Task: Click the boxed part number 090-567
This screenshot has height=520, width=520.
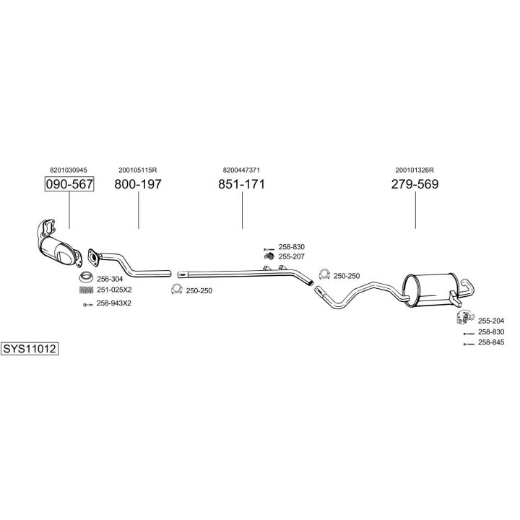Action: click(69, 184)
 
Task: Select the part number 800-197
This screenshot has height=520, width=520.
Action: click(138, 184)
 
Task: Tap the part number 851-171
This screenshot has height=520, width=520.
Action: click(242, 184)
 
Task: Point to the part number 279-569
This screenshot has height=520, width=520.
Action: click(415, 184)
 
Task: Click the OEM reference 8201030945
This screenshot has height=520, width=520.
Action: click(69, 170)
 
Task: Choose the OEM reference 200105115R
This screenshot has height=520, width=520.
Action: click(138, 170)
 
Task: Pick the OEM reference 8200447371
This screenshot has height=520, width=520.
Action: click(242, 170)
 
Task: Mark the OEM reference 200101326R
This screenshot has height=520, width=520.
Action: click(415, 170)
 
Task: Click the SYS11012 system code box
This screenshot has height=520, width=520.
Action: click(30, 348)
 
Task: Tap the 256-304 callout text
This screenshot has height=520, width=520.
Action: click(110, 279)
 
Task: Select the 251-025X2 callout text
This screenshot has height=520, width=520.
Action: click(114, 290)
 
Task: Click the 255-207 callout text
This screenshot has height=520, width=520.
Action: click(292, 256)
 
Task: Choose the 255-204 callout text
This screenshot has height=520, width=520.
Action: click(491, 320)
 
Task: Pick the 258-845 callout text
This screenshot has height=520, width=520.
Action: click(491, 342)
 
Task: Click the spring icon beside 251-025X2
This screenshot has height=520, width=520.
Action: click(86, 290)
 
